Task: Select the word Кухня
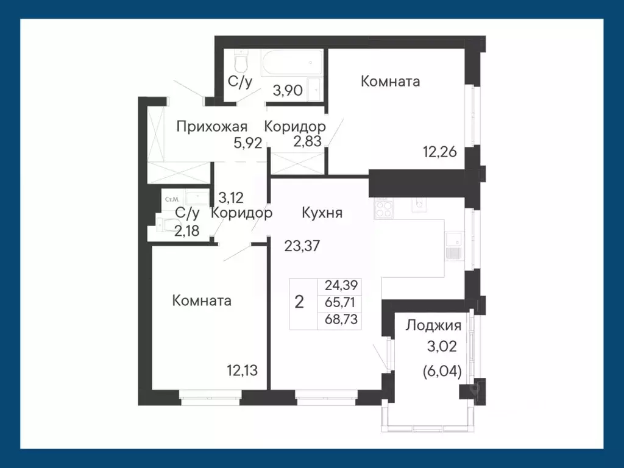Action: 322,213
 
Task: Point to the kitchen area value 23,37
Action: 303,246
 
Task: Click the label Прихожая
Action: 211,127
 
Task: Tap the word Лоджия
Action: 433,325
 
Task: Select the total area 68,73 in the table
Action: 340,319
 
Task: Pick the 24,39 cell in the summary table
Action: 340,285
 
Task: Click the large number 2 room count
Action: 299,302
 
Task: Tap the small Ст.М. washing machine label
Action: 171,199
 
